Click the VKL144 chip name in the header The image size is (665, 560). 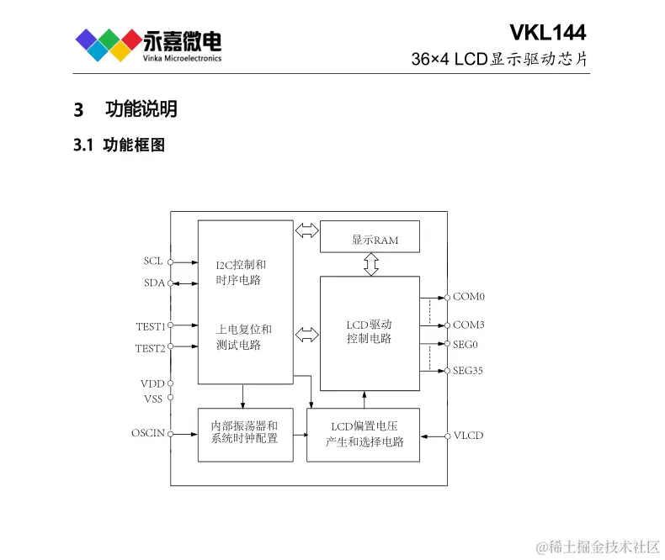(x=547, y=33)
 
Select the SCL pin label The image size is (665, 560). (x=152, y=262)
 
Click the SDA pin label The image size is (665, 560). (x=153, y=283)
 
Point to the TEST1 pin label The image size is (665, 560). (x=150, y=326)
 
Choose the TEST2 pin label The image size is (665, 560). (x=150, y=347)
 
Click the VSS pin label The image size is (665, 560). (x=152, y=399)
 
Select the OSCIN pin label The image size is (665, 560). (x=147, y=434)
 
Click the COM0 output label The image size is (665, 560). (x=469, y=297)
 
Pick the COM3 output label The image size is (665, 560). (x=469, y=325)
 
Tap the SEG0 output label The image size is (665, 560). (x=465, y=345)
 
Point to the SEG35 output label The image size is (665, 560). (x=468, y=371)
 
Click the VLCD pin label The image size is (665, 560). (x=469, y=436)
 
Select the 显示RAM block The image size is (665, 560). (x=370, y=240)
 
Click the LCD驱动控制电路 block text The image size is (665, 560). (x=369, y=331)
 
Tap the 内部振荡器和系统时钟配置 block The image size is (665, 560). (x=245, y=433)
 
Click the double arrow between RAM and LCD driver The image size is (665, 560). (x=370, y=265)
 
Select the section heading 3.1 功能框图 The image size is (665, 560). (x=120, y=145)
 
